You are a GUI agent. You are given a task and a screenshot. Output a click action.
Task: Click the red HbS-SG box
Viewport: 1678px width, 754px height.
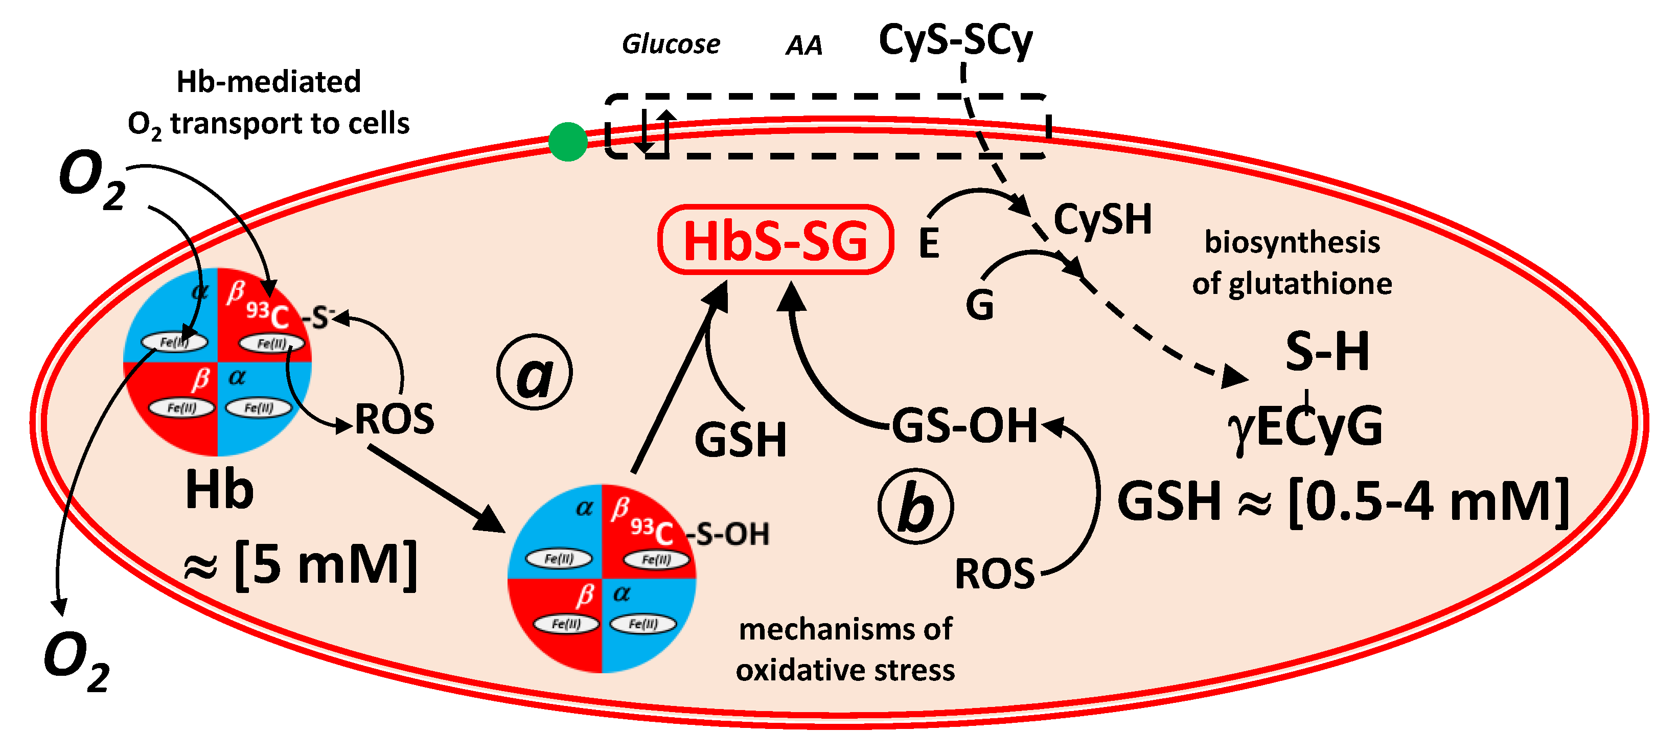pyautogui.click(x=775, y=240)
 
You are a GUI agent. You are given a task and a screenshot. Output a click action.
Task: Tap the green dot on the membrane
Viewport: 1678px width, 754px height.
pyautogui.click(x=567, y=142)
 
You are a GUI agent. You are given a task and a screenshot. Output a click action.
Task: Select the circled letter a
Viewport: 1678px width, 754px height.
pyautogui.click(x=534, y=372)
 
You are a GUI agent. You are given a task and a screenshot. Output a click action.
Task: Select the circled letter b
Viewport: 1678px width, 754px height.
pyautogui.click(x=915, y=507)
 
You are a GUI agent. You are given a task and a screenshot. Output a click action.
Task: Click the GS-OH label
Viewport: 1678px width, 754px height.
pyautogui.click(x=963, y=425)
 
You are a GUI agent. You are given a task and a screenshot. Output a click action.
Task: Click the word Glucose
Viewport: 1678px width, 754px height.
pyautogui.click(x=671, y=44)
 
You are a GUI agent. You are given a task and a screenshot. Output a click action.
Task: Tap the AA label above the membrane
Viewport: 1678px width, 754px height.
pyautogui.click(x=804, y=45)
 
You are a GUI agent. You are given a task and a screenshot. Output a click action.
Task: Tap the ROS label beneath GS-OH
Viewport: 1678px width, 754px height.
pyautogui.click(x=994, y=574)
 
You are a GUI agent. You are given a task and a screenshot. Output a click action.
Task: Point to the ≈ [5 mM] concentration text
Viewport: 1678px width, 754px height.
pyautogui.click(x=300, y=565)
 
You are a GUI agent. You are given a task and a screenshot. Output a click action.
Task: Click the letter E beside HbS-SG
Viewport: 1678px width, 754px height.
pyautogui.click(x=928, y=243)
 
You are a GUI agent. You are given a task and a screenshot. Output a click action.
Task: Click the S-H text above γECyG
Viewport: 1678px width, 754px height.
pyautogui.click(x=1327, y=351)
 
